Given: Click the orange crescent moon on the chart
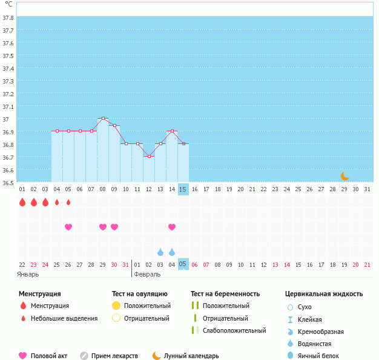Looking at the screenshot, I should click(344, 176).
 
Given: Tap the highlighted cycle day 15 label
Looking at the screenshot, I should click(183, 189).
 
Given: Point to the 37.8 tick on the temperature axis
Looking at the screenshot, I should click(8, 18).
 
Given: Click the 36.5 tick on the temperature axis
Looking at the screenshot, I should click(8, 183).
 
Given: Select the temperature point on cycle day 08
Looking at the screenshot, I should click(103, 119).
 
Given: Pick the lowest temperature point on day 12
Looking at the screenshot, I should click(149, 156).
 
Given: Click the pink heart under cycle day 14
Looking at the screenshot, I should click(172, 227).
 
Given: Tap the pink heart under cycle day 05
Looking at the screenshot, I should click(68, 227).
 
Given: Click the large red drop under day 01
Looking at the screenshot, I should click(22, 202).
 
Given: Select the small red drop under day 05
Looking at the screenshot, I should click(68, 202).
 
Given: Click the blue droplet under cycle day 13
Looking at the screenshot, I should click(160, 252).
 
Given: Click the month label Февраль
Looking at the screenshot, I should click(147, 274).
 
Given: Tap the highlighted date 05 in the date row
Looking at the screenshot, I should click(183, 264).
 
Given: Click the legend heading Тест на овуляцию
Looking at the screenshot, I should click(139, 293).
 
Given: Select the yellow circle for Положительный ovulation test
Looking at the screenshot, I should click(116, 306).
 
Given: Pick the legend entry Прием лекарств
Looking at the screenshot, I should click(114, 356).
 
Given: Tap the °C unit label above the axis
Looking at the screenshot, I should click(8, 5).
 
